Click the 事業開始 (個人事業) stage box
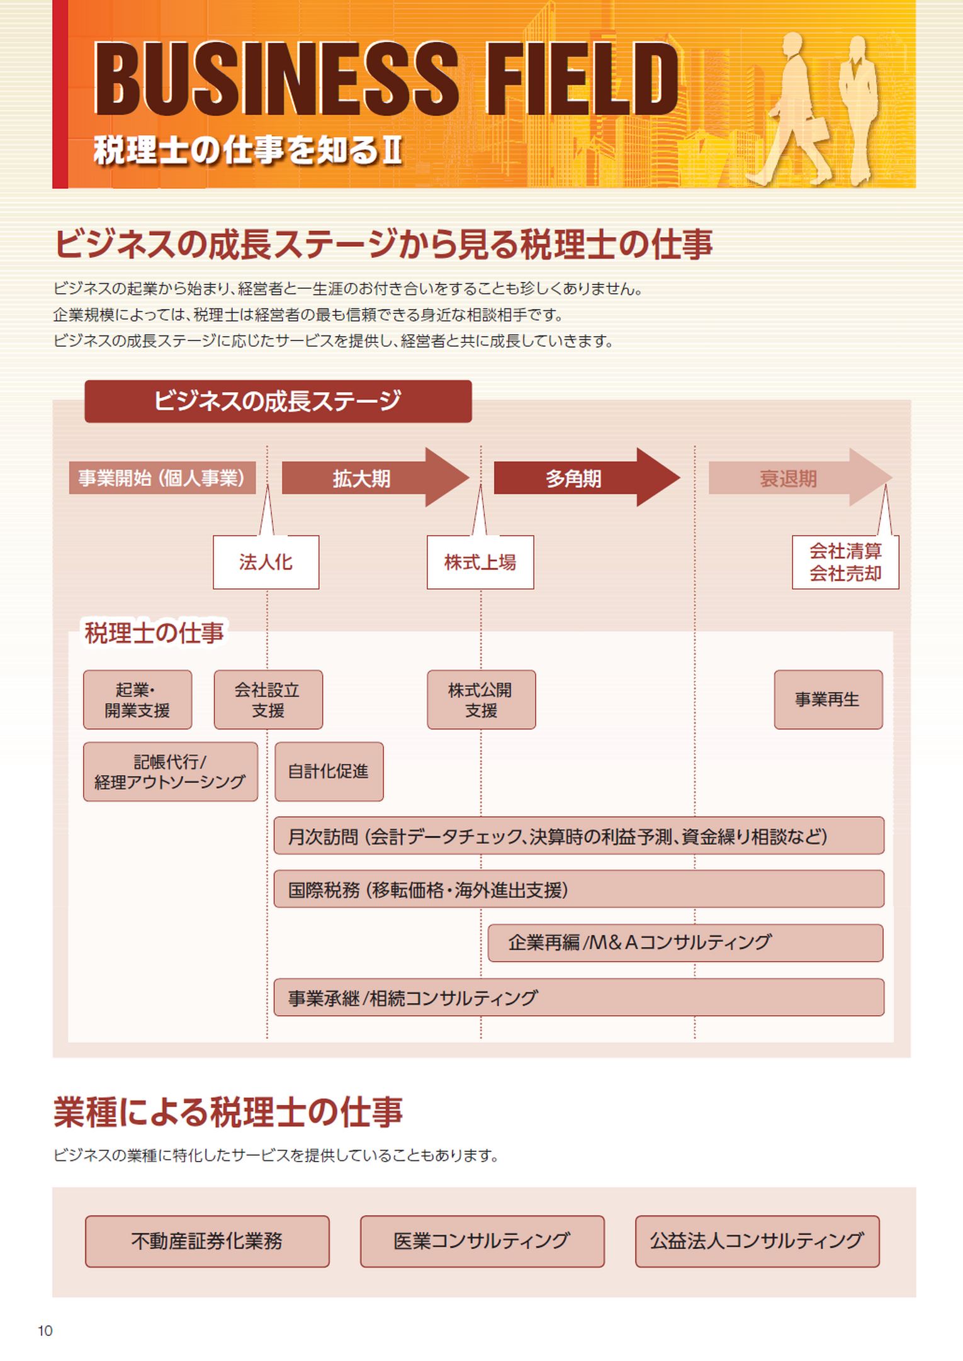(162, 478)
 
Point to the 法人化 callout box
(266, 563)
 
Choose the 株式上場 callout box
(480, 563)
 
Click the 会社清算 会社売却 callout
(845, 563)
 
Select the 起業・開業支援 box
(137, 700)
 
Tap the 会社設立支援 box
(268, 700)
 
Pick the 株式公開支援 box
(481, 700)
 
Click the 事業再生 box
(828, 700)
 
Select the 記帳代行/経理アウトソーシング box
(170, 772)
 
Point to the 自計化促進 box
(329, 772)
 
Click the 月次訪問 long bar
(578, 836)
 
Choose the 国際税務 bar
(578, 890)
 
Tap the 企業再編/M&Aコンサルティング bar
(685, 943)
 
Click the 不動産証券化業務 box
(207, 1241)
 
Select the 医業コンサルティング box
(482, 1241)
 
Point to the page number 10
(45, 1331)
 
